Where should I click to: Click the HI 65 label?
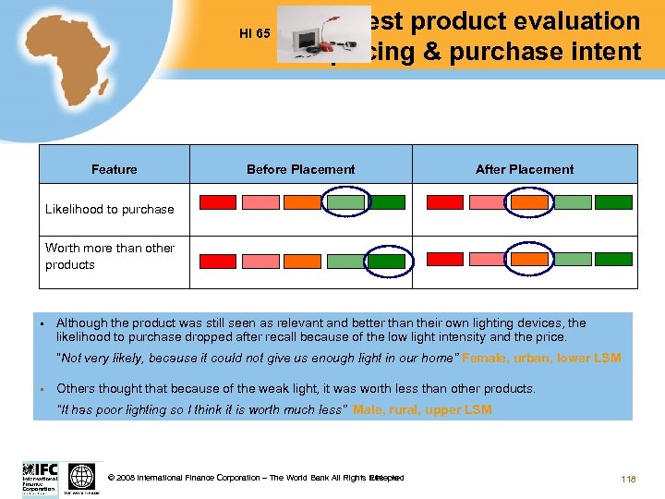click(254, 34)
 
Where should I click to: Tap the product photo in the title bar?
click(313, 35)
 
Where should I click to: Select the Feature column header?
click(115, 169)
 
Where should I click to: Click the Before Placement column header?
click(300, 169)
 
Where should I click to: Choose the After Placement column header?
click(524, 169)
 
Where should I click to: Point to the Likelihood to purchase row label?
click(109, 209)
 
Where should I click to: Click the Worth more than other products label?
click(109, 256)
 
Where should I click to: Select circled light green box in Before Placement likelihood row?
click(345, 202)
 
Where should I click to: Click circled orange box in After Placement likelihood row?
click(529, 202)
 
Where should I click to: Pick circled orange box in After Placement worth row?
click(529, 261)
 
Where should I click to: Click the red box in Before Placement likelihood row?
click(218, 202)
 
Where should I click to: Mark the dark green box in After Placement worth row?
click(613, 261)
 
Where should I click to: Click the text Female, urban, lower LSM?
click(541, 358)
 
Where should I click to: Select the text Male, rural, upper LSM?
click(422, 409)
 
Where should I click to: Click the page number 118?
click(629, 479)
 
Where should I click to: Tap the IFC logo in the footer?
click(40, 478)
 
